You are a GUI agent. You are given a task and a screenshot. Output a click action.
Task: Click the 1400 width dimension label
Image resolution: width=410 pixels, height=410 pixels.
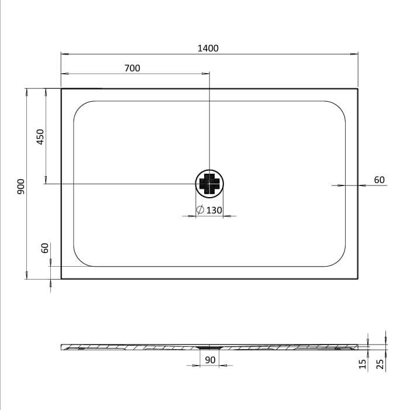tap(208, 48)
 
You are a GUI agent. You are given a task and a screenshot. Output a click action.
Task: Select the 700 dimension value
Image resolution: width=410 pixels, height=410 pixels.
tap(132, 68)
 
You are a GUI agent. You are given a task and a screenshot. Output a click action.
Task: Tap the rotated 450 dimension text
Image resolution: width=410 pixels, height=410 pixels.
tap(40, 137)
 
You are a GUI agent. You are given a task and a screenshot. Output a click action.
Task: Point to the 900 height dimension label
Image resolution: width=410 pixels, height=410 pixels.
tap(20, 185)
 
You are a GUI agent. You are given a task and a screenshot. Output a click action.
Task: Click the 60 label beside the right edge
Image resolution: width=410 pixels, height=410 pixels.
tap(379, 180)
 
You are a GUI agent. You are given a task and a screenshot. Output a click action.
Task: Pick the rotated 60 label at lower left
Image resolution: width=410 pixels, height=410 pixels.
tap(44, 248)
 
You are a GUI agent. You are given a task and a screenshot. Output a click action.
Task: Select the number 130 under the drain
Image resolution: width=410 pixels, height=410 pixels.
tap(214, 210)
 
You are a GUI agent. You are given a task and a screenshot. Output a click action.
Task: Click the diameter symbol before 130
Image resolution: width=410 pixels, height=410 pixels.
tap(200, 210)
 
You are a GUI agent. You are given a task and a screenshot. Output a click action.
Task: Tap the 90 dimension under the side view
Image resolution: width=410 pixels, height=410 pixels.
tap(210, 360)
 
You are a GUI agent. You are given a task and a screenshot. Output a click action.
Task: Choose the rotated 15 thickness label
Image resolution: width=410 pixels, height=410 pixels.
tap(363, 364)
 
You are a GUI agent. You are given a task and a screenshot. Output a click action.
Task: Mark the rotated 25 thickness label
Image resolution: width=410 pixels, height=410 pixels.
tap(381, 364)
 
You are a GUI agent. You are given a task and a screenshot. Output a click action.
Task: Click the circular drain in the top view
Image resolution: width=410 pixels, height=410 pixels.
tap(209, 184)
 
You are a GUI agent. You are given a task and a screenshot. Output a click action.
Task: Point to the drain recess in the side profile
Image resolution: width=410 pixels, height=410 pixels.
tap(209, 347)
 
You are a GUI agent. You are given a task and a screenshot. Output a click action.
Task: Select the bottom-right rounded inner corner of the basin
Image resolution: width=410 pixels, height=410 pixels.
tap(338, 259)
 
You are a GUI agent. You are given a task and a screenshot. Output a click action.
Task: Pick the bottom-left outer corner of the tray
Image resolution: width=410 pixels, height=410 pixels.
tap(61, 278)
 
